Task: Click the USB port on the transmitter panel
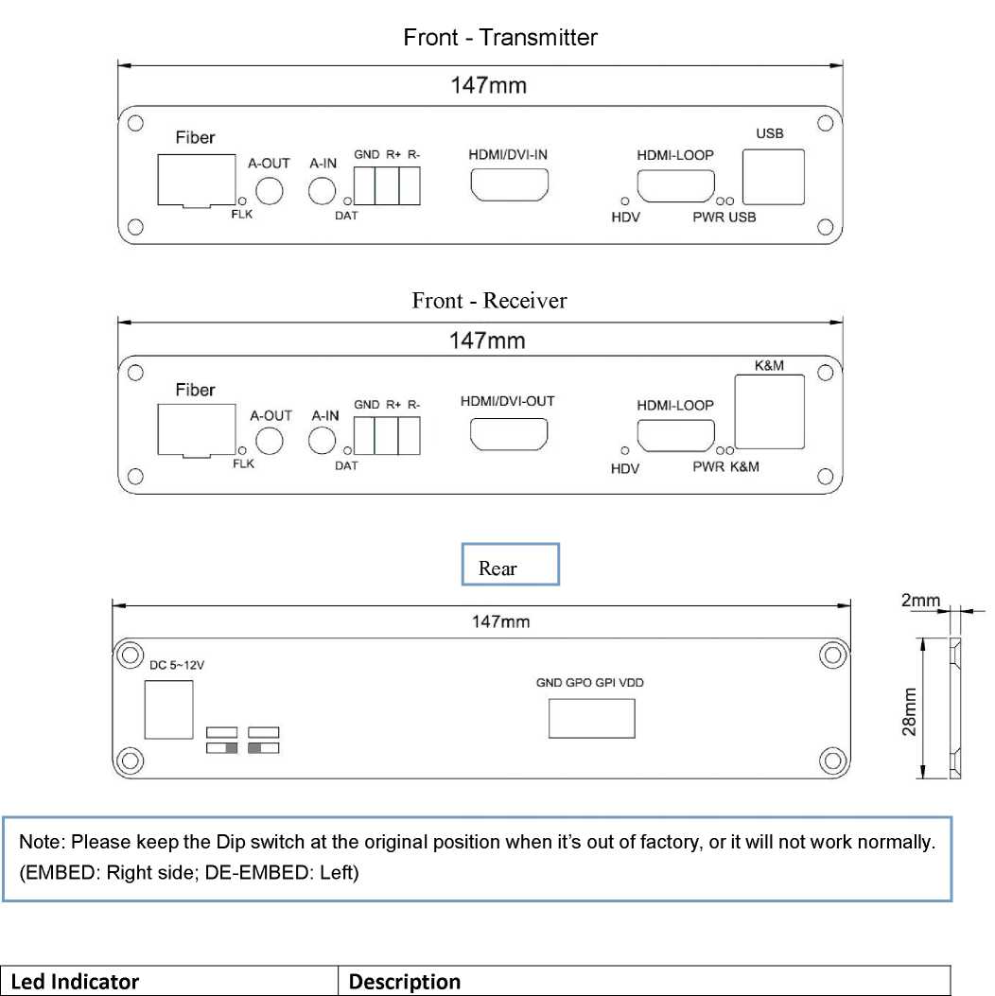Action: tap(774, 177)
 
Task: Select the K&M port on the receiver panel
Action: tap(769, 411)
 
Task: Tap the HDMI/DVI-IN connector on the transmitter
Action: tap(509, 184)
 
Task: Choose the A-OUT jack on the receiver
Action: tap(271, 441)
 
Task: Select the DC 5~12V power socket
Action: tap(168, 708)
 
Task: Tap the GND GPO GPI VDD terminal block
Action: tap(591, 718)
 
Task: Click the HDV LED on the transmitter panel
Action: tap(624, 201)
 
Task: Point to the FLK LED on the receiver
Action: tap(243, 451)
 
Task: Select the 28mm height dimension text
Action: tap(909, 712)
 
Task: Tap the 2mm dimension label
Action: tap(920, 600)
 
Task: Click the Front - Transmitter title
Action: tap(500, 38)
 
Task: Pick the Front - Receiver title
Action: tap(489, 301)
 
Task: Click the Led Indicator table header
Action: tap(75, 982)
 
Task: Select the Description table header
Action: tap(404, 982)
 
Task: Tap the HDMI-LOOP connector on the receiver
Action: tap(675, 436)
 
